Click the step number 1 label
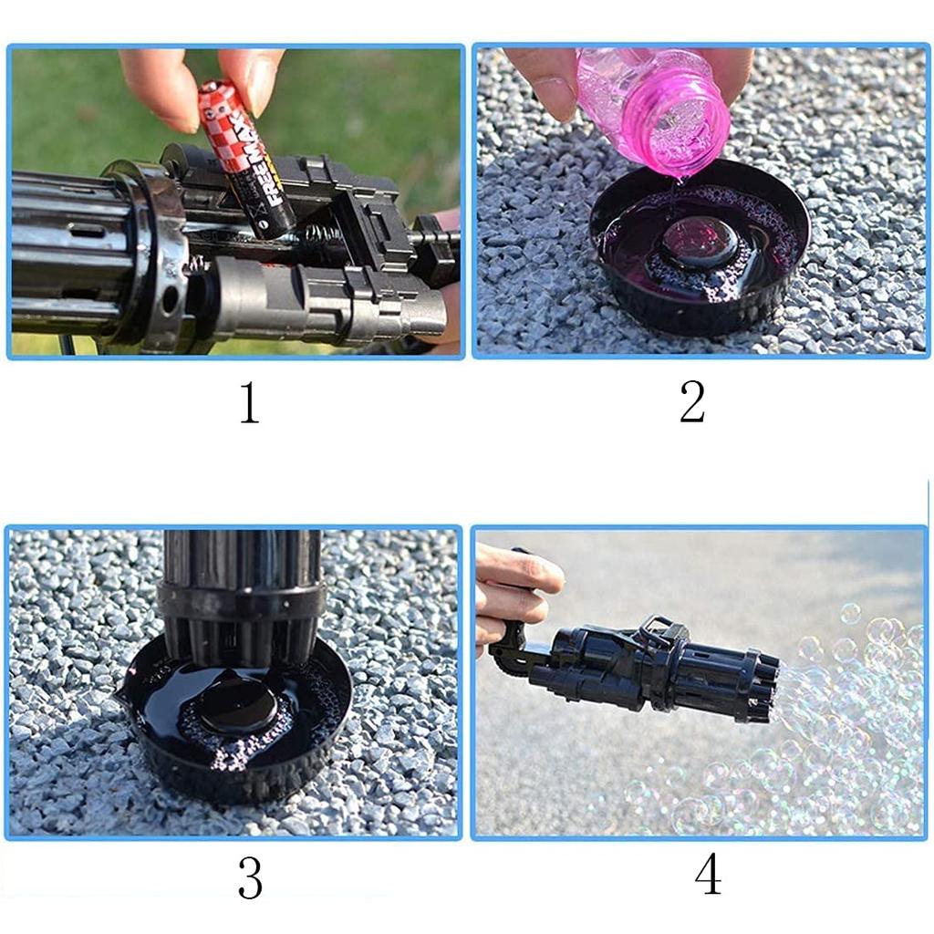(x=250, y=402)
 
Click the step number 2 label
(x=692, y=402)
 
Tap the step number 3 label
(x=250, y=877)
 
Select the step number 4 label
(x=708, y=875)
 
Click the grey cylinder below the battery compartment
(x=327, y=301)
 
